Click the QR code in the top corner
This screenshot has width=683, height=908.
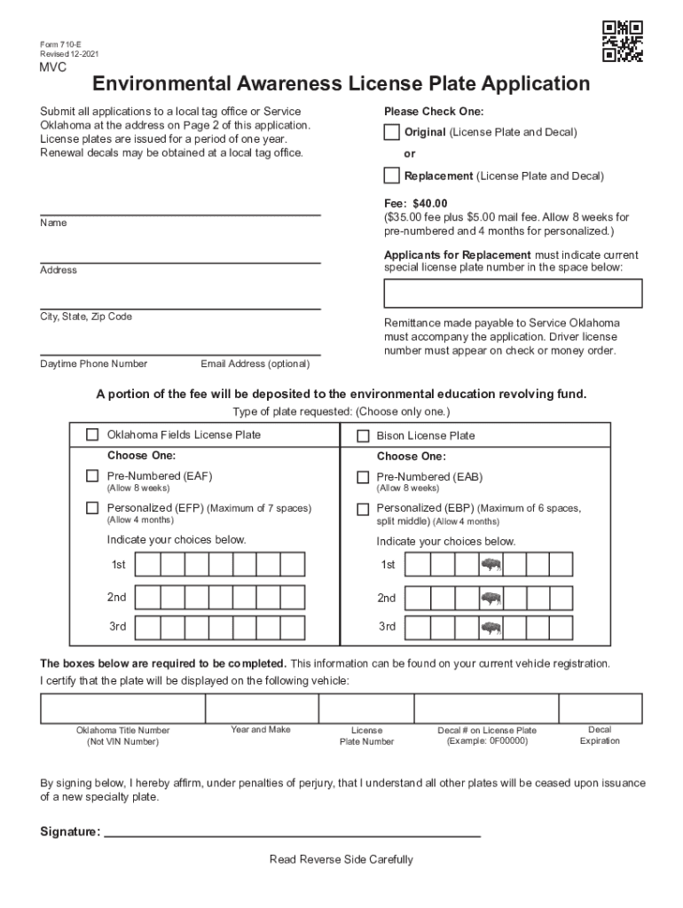[x=622, y=41]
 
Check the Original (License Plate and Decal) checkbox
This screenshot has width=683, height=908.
[x=391, y=132]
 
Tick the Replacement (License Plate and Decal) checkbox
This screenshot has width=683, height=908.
[x=391, y=176]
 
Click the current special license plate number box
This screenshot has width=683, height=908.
[x=513, y=294]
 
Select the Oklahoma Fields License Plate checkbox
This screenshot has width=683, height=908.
[x=92, y=434]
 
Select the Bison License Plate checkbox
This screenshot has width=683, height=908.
[x=363, y=435]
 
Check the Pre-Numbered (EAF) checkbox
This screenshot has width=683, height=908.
[x=92, y=476]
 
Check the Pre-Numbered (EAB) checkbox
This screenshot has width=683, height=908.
[x=363, y=477]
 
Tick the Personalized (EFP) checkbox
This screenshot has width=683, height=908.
[x=92, y=508]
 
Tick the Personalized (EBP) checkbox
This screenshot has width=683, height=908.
[x=363, y=509]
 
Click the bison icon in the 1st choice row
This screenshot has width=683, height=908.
[x=491, y=565]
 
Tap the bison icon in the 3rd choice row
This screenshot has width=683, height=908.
[x=491, y=628]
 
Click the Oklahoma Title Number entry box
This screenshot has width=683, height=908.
[x=122, y=708]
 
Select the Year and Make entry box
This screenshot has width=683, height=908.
[x=261, y=708]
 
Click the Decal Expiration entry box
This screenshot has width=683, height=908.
[x=600, y=708]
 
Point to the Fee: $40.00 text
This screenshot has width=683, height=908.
[x=416, y=203]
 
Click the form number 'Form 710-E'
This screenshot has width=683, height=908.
[x=60, y=45]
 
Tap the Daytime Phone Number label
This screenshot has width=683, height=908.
[x=93, y=364]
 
